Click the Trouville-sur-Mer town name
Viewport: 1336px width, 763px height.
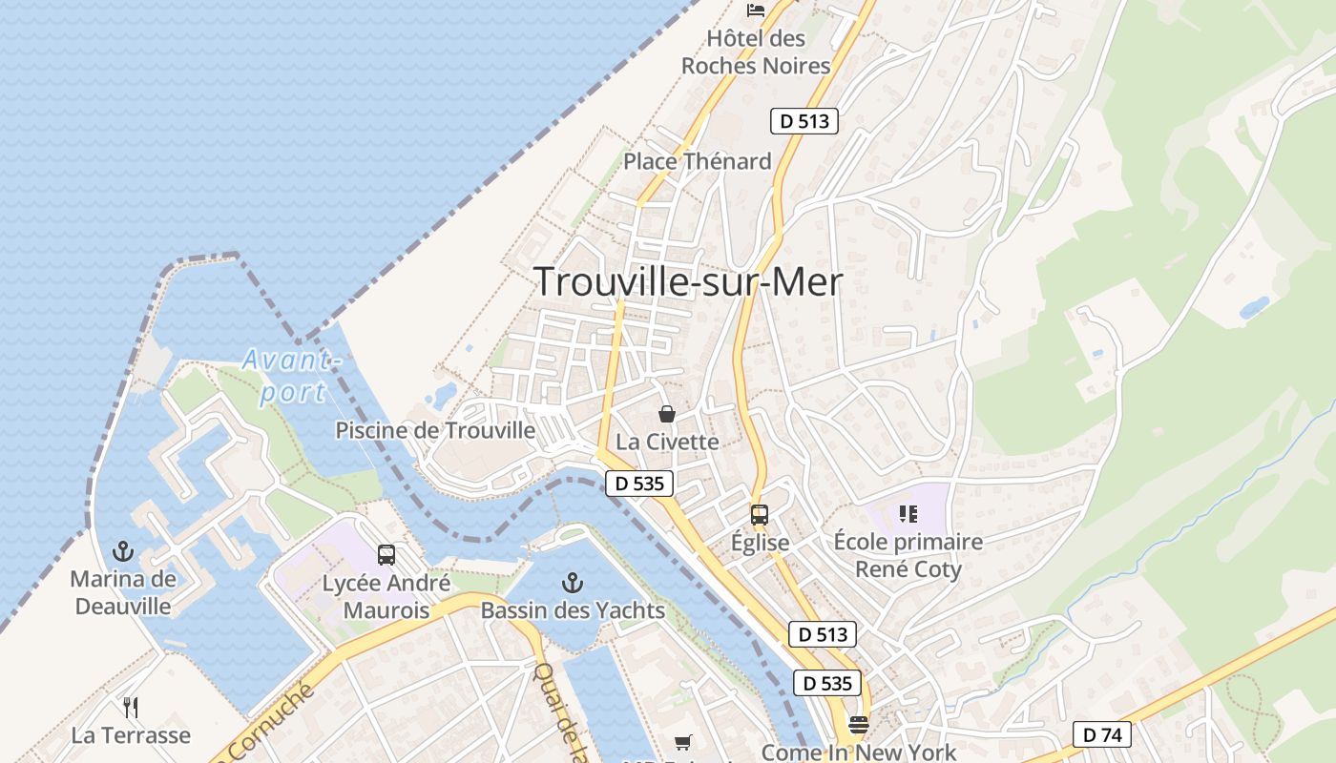688,282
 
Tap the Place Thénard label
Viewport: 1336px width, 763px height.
697,161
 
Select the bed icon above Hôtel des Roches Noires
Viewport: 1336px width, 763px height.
757,10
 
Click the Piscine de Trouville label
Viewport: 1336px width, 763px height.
435,430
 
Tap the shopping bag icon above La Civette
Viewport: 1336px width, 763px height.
667,414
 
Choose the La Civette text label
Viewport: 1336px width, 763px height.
667,442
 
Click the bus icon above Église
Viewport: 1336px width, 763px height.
760,515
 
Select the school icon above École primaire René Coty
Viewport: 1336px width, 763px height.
908,515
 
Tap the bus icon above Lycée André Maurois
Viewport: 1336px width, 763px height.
386,555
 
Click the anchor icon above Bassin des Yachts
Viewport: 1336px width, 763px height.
573,582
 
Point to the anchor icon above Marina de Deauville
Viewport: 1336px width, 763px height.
123,550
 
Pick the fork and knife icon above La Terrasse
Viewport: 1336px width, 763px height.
131,708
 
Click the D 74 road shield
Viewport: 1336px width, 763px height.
1101,734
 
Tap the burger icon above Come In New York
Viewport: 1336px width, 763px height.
859,725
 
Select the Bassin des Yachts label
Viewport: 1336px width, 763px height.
573,610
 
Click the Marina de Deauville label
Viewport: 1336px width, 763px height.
123,592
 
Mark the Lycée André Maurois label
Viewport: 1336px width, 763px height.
386,597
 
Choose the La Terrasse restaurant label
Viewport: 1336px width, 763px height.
131,735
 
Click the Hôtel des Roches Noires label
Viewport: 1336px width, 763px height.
756,52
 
